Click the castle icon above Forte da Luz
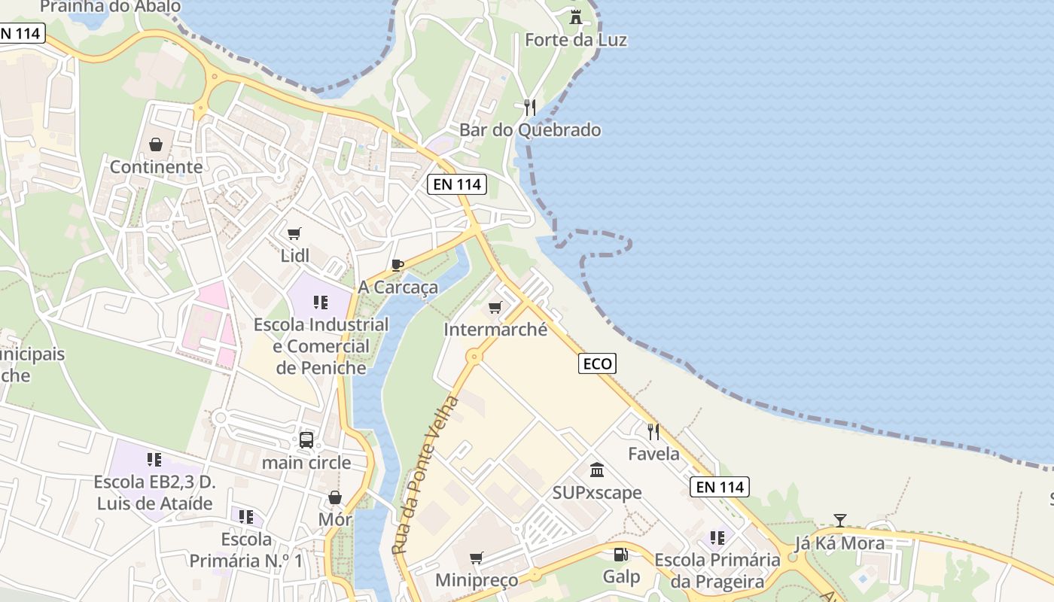[x=576, y=17]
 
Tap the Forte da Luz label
[x=576, y=40]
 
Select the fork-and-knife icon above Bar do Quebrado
[x=530, y=107]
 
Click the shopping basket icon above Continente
[x=156, y=144]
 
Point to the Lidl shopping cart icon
[x=294, y=233]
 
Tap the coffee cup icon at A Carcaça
[x=398, y=265]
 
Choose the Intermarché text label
[x=495, y=330]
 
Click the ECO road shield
[x=598, y=363]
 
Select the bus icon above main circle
[x=306, y=440]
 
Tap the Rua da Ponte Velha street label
[x=425, y=476]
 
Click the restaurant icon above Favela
[x=653, y=431]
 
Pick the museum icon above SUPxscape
[x=597, y=470]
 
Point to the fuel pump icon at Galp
[x=621, y=555]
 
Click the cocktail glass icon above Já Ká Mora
[x=840, y=520]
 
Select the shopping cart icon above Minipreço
[x=476, y=558]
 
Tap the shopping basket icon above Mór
[x=335, y=497]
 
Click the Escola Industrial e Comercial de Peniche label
[x=321, y=346]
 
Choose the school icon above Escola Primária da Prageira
[x=717, y=537]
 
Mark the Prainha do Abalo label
[x=111, y=7]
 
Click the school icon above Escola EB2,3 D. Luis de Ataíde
[x=154, y=459]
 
